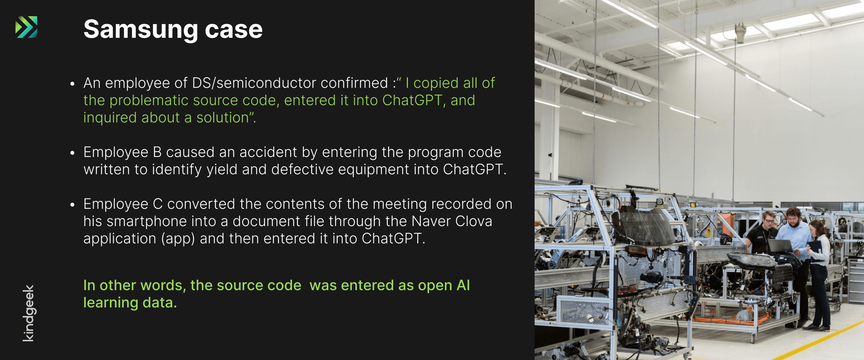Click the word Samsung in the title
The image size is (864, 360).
(x=141, y=30)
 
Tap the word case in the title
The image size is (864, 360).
(x=234, y=30)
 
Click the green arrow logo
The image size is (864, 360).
(x=26, y=27)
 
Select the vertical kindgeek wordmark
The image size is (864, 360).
(x=28, y=313)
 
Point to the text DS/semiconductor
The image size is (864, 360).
(x=254, y=83)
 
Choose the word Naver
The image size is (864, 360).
(x=431, y=221)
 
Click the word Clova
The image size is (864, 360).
(x=474, y=221)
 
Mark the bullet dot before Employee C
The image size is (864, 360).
(x=72, y=205)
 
